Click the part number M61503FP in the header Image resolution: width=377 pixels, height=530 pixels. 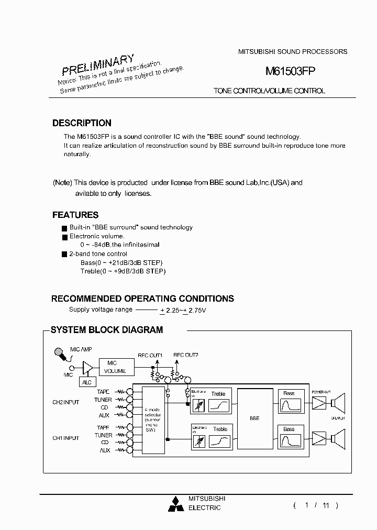pyautogui.click(x=290, y=72)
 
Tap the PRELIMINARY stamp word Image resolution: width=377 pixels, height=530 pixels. pyautogui.click(x=98, y=64)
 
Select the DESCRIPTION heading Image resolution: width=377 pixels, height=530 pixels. pyautogui.click(x=82, y=123)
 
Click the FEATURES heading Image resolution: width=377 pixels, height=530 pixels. pyautogui.click(x=75, y=215)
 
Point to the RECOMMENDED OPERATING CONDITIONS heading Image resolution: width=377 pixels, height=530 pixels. pyautogui.click(x=142, y=299)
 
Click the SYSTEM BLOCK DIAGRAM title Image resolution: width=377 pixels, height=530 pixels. pyautogui.click(x=107, y=330)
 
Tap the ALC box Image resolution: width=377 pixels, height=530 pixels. pyautogui.click(x=87, y=383)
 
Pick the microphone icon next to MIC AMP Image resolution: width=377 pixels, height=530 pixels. pyautogui.click(x=61, y=355)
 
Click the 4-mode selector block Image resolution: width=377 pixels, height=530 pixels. pyautogui.click(x=153, y=419)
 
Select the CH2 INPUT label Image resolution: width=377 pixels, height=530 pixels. pyautogui.click(x=65, y=403)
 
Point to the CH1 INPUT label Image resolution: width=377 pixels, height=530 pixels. pyautogui.click(x=65, y=438)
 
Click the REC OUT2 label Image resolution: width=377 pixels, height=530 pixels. pyautogui.click(x=185, y=355)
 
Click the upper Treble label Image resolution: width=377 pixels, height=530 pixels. pyautogui.click(x=218, y=394)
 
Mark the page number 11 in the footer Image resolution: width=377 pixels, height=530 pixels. pyautogui.click(x=326, y=505)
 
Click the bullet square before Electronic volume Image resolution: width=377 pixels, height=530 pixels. pyautogui.click(x=64, y=237)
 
